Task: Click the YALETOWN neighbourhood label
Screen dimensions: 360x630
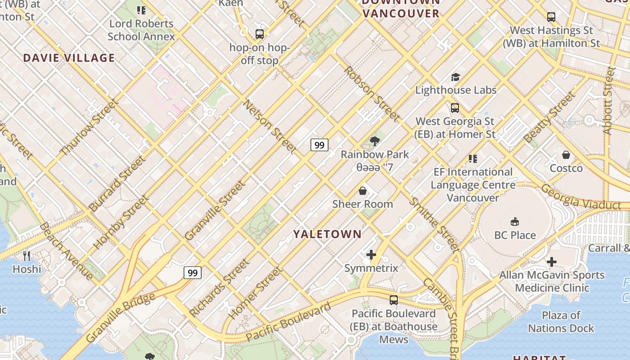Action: (x=327, y=234)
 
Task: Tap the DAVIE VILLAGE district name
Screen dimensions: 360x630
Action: (x=69, y=58)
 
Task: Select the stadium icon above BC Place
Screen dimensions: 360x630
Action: (x=515, y=221)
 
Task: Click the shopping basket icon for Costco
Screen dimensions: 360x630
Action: (x=566, y=155)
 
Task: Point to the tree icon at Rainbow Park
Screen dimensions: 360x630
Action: (x=374, y=141)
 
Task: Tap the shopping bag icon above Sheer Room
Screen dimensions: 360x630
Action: (x=363, y=191)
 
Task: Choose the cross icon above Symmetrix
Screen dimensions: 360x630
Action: (x=371, y=255)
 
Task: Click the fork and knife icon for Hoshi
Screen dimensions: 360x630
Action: (x=27, y=256)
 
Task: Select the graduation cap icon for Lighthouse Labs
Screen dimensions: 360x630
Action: (x=455, y=77)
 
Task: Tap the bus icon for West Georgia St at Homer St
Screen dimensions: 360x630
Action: (x=455, y=108)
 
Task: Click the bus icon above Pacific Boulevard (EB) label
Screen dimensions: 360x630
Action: (x=394, y=300)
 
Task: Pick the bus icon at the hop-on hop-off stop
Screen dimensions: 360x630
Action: (x=260, y=34)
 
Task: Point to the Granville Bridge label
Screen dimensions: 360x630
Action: (x=120, y=317)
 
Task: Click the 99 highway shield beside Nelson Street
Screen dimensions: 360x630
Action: (x=319, y=145)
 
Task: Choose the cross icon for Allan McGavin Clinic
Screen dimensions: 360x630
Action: (x=552, y=262)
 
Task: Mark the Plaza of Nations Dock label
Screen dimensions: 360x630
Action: (x=561, y=322)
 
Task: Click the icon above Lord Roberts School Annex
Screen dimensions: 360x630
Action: (x=141, y=10)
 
